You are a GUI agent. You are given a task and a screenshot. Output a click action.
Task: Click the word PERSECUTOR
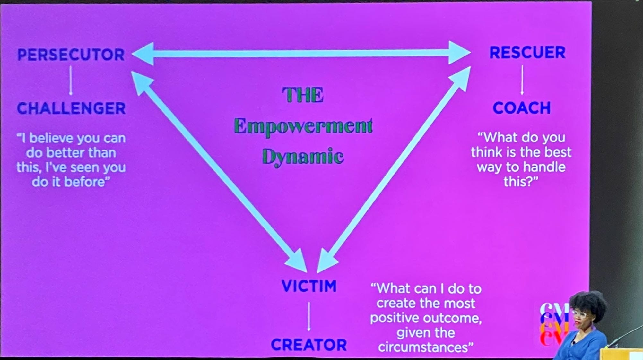pos(71,55)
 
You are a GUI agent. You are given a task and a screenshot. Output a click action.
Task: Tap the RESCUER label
pos(527,53)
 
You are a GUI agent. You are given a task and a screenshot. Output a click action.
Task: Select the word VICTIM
pos(309,286)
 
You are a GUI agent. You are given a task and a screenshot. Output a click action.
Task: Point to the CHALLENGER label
pos(71,108)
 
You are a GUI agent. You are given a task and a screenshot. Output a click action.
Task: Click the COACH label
pos(522,108)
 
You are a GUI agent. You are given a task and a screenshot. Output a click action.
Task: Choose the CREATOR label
pos(309,345)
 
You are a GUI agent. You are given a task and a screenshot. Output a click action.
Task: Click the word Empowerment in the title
pos(303,126)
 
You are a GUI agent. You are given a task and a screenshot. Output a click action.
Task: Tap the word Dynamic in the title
pos(303,157)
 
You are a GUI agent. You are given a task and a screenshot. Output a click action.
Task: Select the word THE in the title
pos(303,95)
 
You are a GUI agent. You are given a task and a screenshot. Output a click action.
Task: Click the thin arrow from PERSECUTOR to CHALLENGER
pos(71,80)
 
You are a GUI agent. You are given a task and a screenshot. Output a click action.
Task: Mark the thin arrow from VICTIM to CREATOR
pos(309,316)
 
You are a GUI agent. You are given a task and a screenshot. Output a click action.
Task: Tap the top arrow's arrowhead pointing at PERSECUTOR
pos(143,54)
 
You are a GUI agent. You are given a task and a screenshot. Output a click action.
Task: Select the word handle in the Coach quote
pos(544,167)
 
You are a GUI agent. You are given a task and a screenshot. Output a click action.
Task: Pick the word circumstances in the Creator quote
pos(426,347)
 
